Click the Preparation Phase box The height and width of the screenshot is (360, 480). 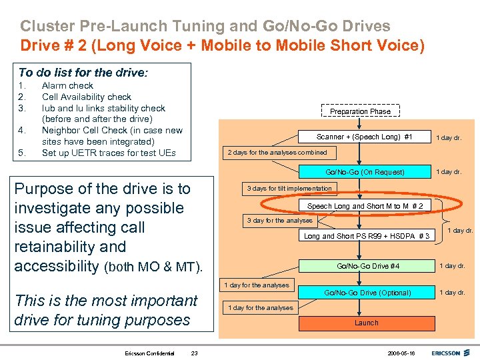pos(360,111)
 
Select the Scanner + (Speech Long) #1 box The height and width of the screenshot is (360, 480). pos(364,137)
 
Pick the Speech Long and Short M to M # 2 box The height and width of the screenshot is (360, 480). pos(365,206)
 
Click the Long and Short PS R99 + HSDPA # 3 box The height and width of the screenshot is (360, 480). pos(367,236)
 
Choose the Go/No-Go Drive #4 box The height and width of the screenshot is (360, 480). pos(367,266)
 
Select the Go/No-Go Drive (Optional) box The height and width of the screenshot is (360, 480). pos(367,293)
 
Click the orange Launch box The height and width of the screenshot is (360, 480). pos(366,323)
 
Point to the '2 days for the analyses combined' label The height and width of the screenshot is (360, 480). pos(277,152)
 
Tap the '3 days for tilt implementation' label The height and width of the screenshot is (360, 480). pos(289,188)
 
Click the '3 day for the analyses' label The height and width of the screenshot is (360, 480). pos(279,220)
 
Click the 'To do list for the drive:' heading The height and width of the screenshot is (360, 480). pos(83,72)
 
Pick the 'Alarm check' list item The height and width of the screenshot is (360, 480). pos(67,85)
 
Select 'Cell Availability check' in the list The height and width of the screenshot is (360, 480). pos(87,97)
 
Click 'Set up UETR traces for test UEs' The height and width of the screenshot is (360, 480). pos(109,153)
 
